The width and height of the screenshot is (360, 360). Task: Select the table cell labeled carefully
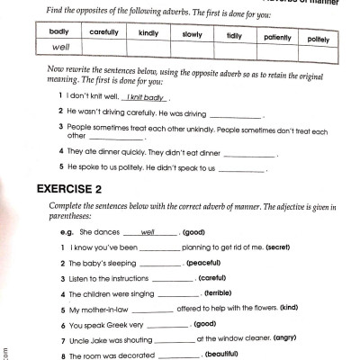coord(104,32)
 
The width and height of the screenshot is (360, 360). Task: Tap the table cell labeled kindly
coord(148,33)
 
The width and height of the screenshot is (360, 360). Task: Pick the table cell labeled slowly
coord(193,35)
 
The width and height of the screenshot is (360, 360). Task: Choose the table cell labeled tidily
coord(235,36)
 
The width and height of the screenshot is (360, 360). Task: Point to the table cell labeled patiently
coord(277,38)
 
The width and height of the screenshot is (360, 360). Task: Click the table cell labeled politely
coord(318,40)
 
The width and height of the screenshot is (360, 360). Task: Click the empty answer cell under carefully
coord(104,49)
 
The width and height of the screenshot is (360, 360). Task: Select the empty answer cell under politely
coord(318,56)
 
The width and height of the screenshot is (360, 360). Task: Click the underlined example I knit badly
coord(148,97)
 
